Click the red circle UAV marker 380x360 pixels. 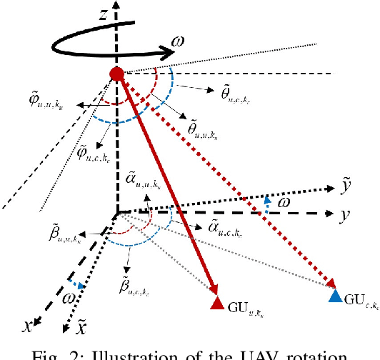click(x=116, y=73)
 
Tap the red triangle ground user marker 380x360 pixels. click(x=218, y=305)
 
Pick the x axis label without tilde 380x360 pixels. click(x=28, y=325)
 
